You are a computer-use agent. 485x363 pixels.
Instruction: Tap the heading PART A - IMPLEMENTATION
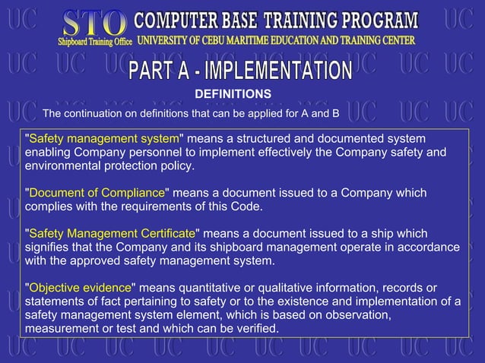point(240,72)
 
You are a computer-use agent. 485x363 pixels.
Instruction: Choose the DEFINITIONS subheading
point(233,93)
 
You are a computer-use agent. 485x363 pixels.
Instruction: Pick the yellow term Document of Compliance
point(97,193)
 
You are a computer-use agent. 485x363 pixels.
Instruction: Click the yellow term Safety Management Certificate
point(112,233)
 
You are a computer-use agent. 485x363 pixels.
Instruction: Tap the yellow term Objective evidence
point(80,287)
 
